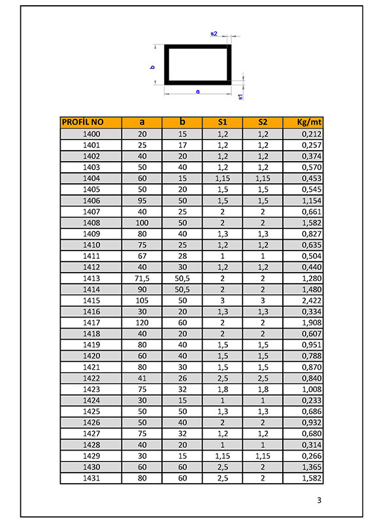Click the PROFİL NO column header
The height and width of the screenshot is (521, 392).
[x=83, y=122]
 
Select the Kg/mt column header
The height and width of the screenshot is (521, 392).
[x=303, y=122]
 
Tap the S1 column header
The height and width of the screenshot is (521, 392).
[x=223, y=122]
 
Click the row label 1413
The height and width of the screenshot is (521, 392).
[x=91, y=278]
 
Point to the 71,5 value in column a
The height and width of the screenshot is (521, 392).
[x=142, y=278]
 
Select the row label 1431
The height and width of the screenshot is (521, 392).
[x=91, y=479]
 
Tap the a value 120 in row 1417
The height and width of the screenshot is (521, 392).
[x=142, y=323]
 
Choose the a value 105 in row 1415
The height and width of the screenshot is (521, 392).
[x=142, y=301]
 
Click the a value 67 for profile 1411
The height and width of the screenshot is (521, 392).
[x=142, y=256]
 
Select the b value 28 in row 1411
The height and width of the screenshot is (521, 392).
[x=182, y=256]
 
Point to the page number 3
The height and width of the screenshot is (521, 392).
[x=319, y=501]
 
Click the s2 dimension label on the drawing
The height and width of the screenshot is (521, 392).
[x=214, y=33]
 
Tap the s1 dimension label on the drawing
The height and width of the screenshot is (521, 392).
[x=240, y=97]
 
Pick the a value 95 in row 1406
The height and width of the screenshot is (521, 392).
[x=142, y=200]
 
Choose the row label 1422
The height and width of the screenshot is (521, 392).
[x=91, y=378]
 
